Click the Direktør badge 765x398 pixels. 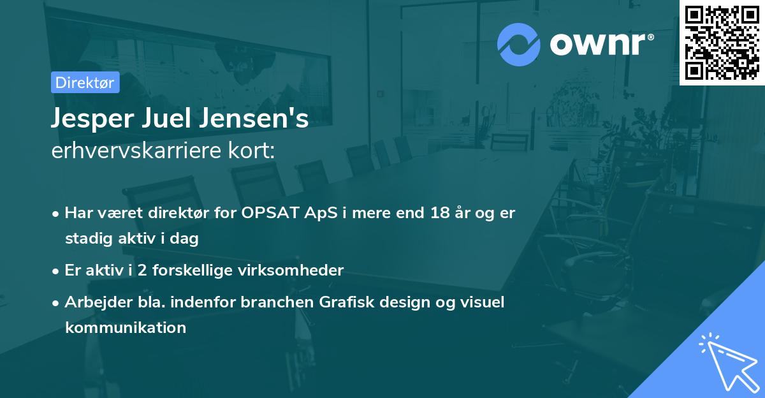(x=85, y=82)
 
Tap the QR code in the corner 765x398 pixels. (x=722, y=42)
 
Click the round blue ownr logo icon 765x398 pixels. (x=519, y=44)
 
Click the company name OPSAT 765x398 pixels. (x=271, y=213)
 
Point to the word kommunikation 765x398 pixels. (x=126, y=328)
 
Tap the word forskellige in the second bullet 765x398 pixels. (x=198, y=270)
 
